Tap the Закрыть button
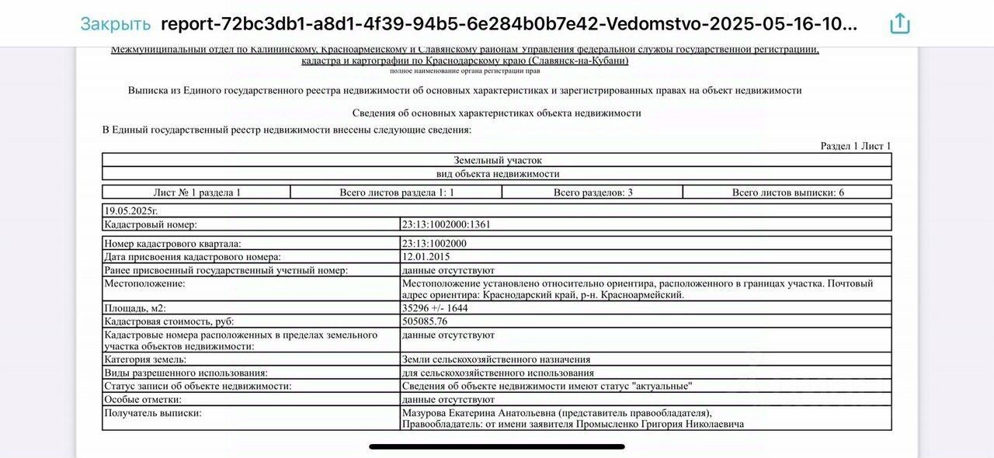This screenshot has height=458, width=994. (115, 24)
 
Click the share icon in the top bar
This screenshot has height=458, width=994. (899, 24)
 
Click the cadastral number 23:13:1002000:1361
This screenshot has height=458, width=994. (446, 224)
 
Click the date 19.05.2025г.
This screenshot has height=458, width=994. (130, 210)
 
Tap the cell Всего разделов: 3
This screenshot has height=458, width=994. (593, 192)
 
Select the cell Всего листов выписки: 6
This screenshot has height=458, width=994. (787, 192)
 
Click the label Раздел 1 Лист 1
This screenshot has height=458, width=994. (856, 146)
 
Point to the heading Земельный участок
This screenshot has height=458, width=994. (497, 160)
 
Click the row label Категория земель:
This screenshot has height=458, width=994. (145, 359)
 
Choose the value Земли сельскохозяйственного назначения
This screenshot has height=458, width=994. (495, 359)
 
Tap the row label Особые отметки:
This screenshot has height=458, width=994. (143, 399)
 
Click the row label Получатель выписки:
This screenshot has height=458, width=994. (153, 413)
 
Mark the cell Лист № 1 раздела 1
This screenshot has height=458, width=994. (196, 192)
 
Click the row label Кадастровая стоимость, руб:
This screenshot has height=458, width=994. (169, 321)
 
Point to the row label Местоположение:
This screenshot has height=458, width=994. (144, 283)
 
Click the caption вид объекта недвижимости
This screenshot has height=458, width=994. (497, 174)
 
